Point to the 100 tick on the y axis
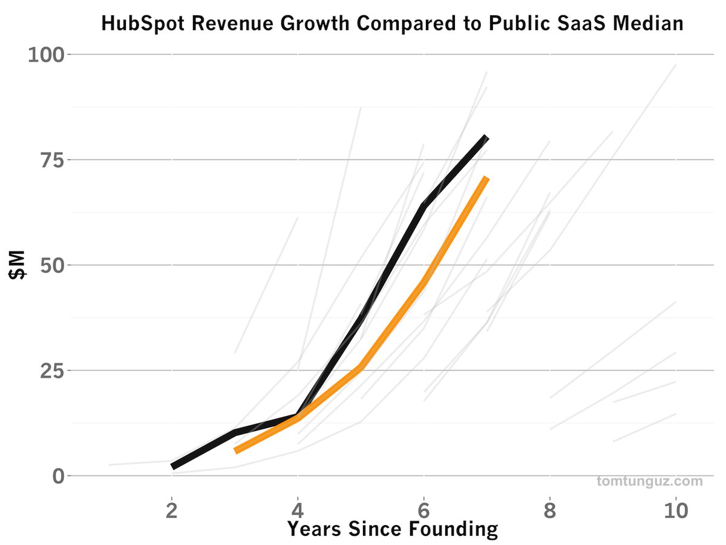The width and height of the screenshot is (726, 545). pyautogui.click(x=46, y=54)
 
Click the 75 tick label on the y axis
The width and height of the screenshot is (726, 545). pyautogui.click(x=51, y=160)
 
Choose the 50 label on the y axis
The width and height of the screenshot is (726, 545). pyautogui.click(x=51, y=265)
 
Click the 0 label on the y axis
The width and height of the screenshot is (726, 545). pyautogui.click(x=58, y=476)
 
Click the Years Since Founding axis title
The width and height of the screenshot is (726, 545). pyautogui.click(x=392, y=529)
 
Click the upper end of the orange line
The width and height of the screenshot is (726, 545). pyautogui.click(x=486, y=178)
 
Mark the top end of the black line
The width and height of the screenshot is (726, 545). pyautogui.click(x=486, y=137)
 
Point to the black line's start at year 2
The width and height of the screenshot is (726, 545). pyautogui.click(x=173, y=466)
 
